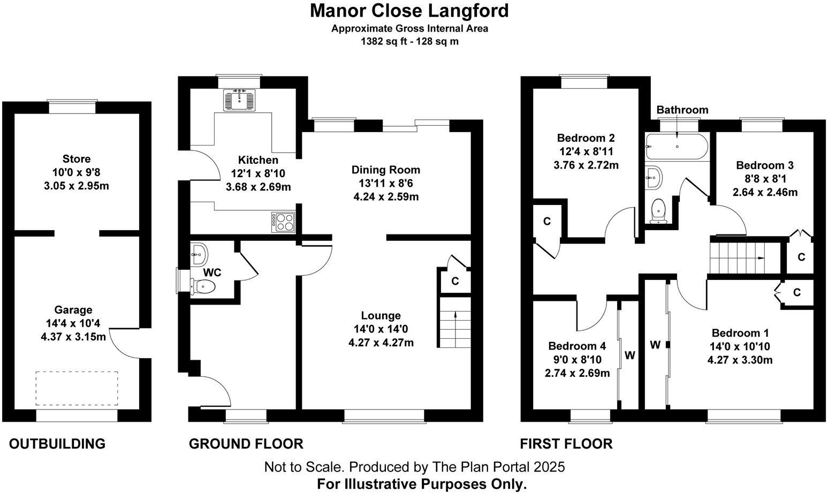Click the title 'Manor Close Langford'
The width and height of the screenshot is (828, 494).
click(409, 10)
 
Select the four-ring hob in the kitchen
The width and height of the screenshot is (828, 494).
click(284, 222)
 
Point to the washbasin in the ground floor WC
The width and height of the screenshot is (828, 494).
click(199, 254)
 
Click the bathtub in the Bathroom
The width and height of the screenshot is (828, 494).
click(677, 146)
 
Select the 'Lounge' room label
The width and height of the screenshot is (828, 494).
click(381, 315)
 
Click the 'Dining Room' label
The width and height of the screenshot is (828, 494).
click(386, 170)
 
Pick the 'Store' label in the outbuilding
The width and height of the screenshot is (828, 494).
click(77, 158)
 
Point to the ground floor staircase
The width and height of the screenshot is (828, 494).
click(455, 329)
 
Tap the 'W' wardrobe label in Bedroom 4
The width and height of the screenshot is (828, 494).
click(630, 355)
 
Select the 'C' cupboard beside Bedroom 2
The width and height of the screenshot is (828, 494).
click(547, 221)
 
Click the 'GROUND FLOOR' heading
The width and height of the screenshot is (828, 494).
click(246, 444)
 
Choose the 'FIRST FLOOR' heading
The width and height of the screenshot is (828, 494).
click(566, 444)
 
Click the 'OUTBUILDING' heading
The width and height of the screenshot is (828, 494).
click(57, 444)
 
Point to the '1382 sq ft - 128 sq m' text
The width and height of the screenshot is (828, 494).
click(409, 41)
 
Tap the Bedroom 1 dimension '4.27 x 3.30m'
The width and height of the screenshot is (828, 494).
click(740, 360)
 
